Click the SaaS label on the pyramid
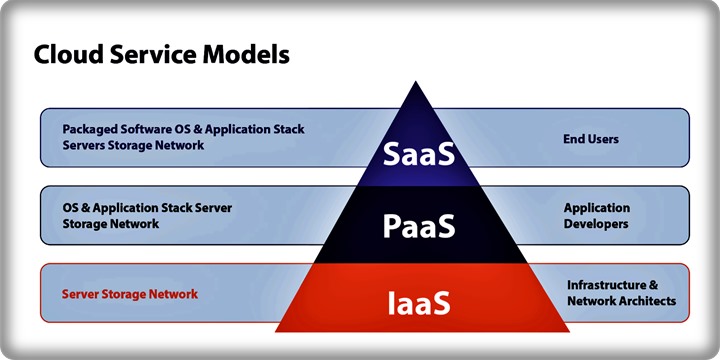point(419,155)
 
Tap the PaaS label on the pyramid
point(419,227)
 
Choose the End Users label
point(591,139)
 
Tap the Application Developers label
point(596,216)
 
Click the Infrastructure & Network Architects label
point(621,292)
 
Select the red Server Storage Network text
point(130,294)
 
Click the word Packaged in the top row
point(88,130)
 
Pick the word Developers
point(596,224)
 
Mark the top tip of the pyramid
point(419,83)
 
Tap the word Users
point(603,139)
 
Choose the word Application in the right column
point(597,208)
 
